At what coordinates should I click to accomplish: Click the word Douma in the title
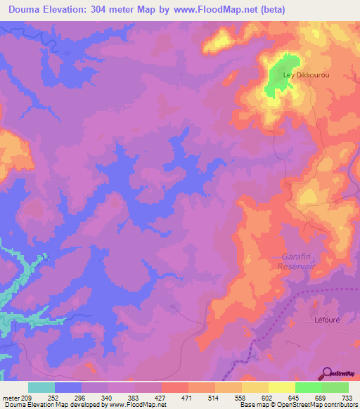pos(25,9)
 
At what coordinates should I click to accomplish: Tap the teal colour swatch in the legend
pos(41,387)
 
